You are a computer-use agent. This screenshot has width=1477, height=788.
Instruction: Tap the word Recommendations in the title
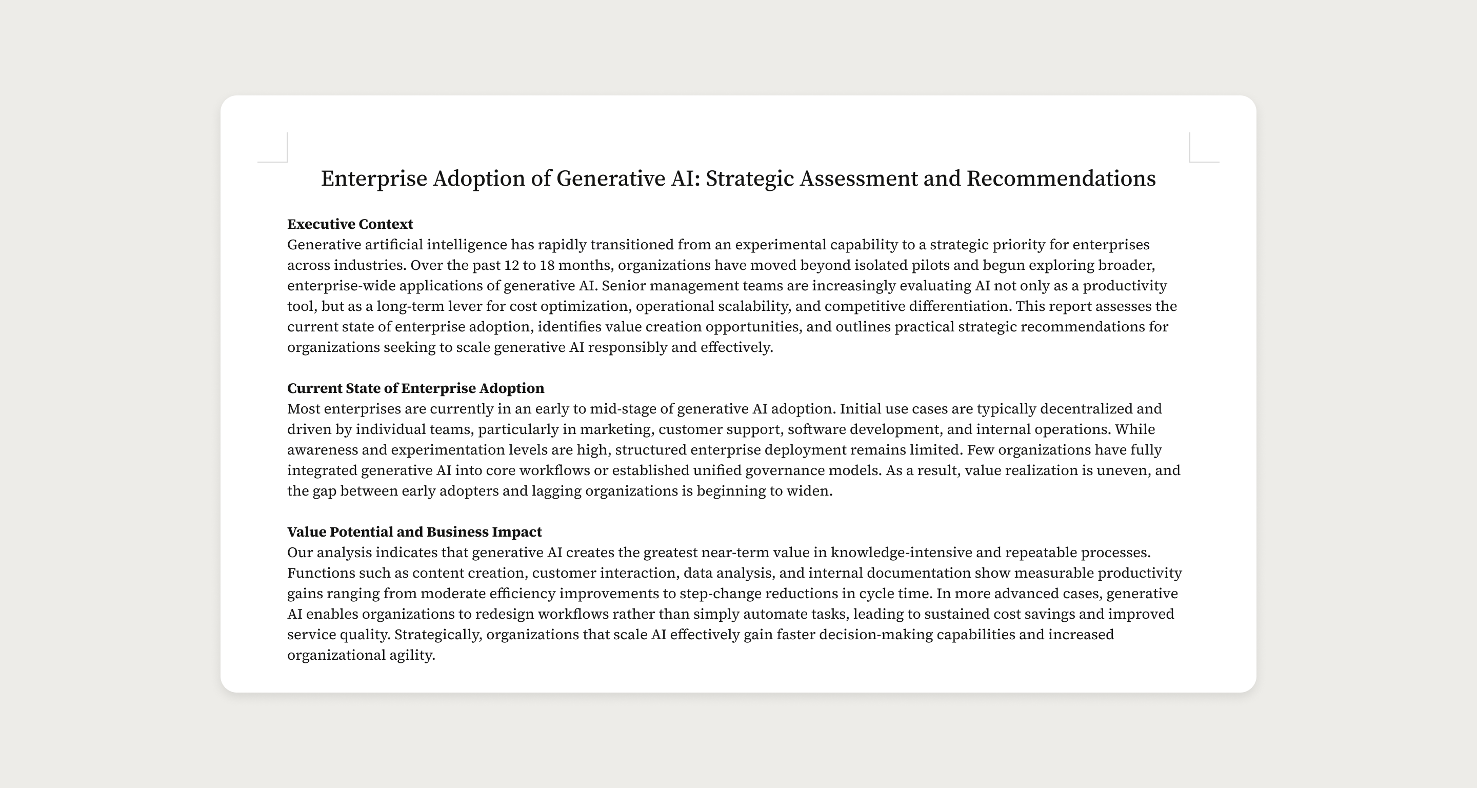[x=1061, y=179]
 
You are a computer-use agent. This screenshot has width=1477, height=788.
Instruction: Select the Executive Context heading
[x=350, y=224]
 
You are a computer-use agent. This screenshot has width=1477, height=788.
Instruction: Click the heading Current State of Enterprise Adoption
[x=415, y=388]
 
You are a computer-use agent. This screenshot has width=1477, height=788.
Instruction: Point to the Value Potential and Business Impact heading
[x=414, y=531]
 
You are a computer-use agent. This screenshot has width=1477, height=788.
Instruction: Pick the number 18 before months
[x=547, y=265]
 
